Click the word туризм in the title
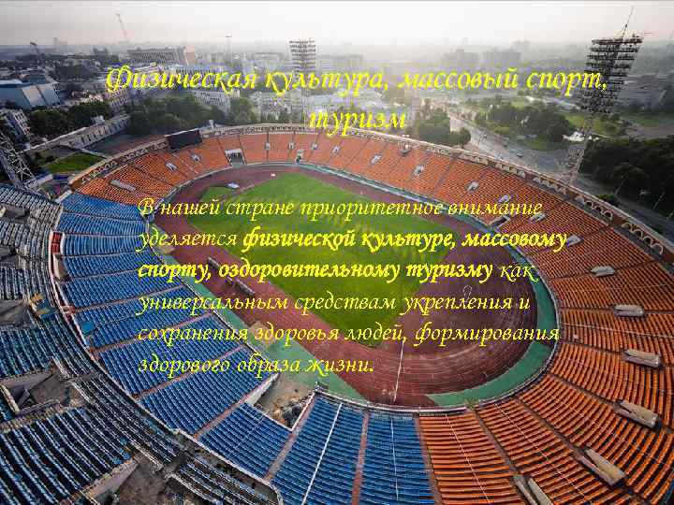coord(357,121)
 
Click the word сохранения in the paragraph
coord(189,334)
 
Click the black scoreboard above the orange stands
coord(183,139)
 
